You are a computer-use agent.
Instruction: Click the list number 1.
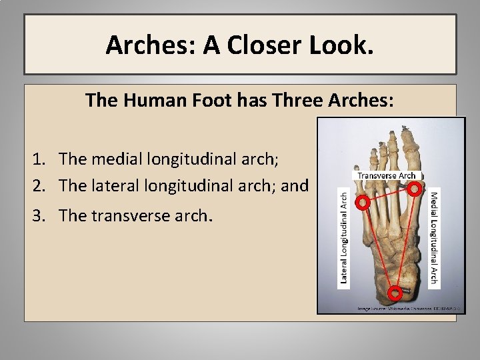point(38,159)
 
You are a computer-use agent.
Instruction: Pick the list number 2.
point(38,185)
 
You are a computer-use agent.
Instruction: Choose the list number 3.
point(38,216)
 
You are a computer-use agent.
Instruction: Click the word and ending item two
point(295,185)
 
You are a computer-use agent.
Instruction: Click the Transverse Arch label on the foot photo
point(386,176)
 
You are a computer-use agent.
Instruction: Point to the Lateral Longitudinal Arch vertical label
point(344,237)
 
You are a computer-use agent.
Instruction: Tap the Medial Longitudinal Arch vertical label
point(434,237)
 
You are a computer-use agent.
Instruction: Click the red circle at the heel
point(395,292)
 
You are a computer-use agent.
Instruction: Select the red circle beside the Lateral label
point(363,203)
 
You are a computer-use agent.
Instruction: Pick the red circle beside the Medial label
point(415,189)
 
